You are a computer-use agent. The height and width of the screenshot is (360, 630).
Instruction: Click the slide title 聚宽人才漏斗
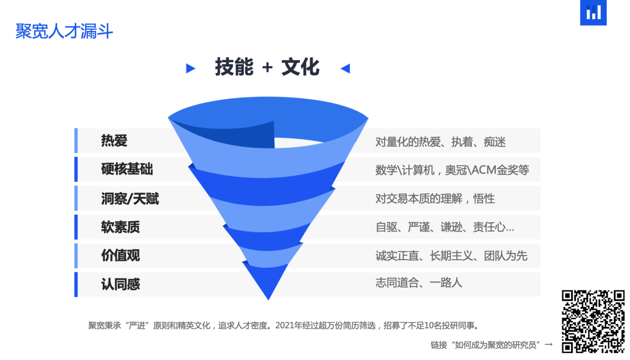64,31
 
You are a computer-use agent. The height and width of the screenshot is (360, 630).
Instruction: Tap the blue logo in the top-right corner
593,12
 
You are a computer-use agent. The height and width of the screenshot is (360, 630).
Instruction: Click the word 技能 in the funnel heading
234,68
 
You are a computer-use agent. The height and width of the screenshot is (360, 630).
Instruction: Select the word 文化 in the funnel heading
300,68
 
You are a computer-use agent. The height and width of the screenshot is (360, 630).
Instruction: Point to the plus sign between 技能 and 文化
267,68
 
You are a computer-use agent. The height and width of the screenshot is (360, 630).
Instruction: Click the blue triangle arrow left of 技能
190,68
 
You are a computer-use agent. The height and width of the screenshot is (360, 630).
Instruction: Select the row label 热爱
114,141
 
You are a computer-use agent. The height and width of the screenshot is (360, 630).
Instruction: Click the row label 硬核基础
127,170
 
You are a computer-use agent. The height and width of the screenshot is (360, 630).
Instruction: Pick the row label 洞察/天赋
129,198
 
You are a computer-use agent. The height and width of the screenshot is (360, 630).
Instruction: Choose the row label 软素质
120,227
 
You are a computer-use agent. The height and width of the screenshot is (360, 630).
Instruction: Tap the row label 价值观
120,256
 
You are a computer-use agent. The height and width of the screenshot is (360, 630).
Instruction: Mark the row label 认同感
120,284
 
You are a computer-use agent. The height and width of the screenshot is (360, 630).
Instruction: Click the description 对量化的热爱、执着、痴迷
440,141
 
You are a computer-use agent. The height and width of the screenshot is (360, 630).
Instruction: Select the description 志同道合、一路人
418,283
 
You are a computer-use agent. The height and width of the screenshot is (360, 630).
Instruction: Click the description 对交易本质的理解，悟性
435,198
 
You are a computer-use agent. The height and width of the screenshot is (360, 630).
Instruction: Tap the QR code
593,321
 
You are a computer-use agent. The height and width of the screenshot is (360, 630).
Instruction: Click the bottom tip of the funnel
268,298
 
